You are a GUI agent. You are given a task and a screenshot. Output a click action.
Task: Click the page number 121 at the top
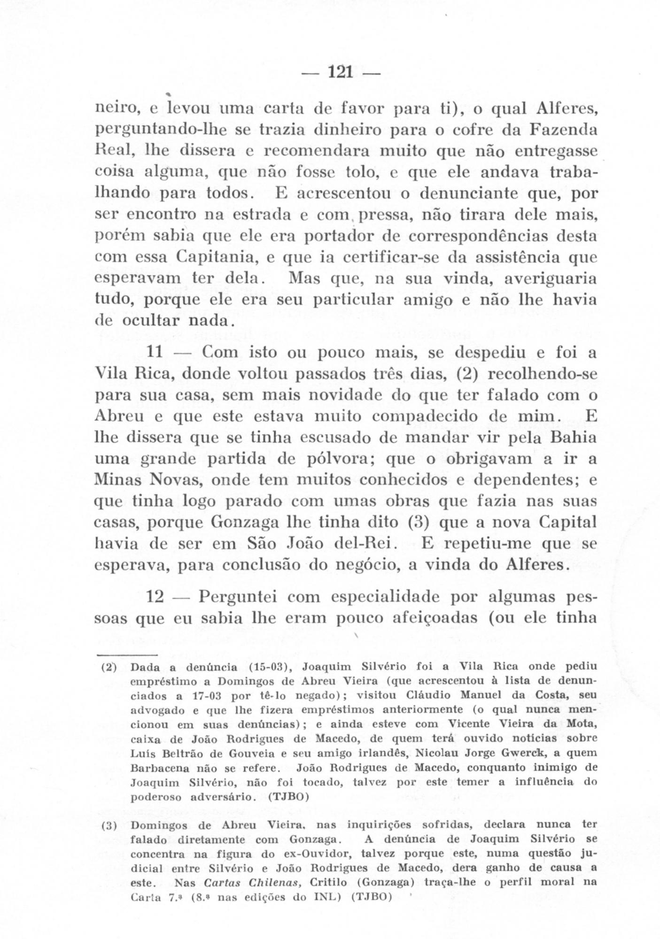click(x=341, y=73)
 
